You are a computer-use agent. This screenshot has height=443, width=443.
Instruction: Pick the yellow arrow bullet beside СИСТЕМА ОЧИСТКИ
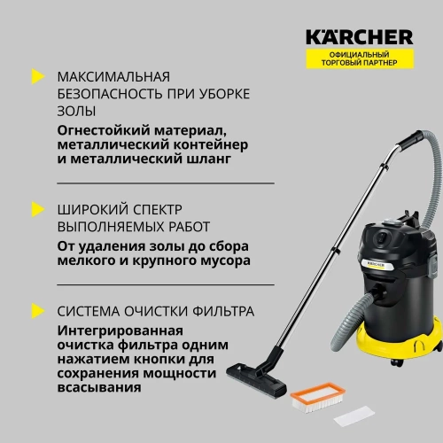[35, 310]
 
